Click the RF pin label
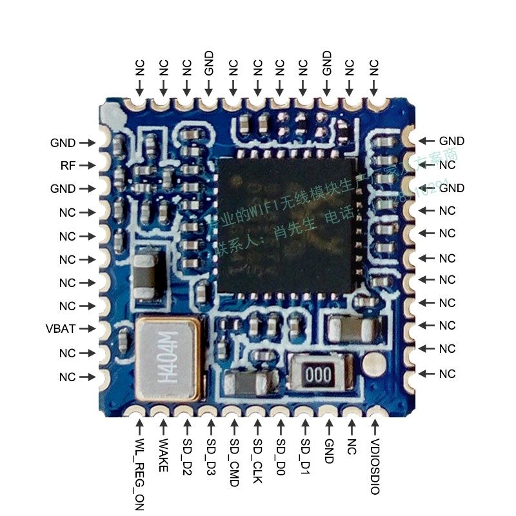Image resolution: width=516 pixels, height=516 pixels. tap(68, 166)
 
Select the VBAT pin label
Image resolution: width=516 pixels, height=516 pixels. tap(61, 328)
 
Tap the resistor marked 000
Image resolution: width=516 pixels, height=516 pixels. tap(314, 374)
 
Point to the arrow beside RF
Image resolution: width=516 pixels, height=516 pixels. tap(87, 166)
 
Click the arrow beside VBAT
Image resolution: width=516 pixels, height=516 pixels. tap(87, 328)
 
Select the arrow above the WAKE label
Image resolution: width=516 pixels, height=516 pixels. tap(163, 426)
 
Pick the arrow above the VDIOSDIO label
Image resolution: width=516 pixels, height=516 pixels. tap(375, 426)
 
